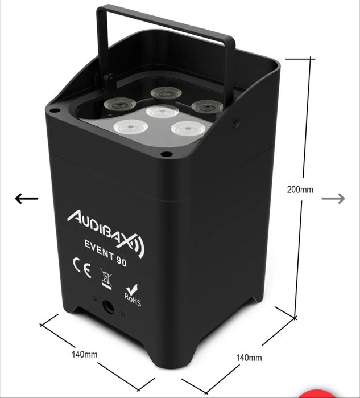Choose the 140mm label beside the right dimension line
249,358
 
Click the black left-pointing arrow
26,199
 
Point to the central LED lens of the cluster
162,112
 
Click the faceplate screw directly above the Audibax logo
166,154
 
